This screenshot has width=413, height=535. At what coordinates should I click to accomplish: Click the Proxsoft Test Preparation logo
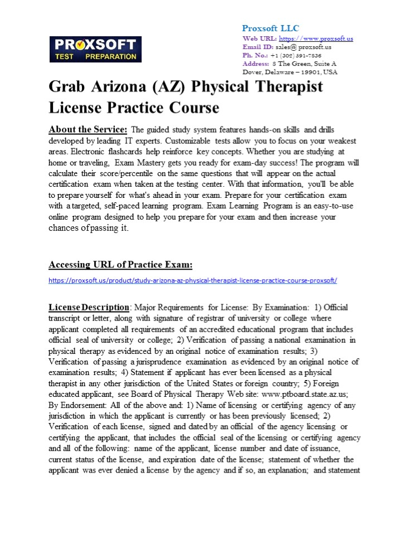point(95,49)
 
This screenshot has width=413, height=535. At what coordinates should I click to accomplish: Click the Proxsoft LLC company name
point(270,28)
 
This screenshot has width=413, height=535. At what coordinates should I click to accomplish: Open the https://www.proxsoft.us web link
point(315,38)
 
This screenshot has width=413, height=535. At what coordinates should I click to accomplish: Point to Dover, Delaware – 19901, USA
point(290,72)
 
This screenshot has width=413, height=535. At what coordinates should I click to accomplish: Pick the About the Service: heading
point(88,130)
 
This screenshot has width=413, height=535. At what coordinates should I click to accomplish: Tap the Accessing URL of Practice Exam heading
point(121,264)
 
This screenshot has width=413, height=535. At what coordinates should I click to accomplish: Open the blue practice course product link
point(193,280)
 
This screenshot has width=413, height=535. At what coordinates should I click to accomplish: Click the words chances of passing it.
point(88,228)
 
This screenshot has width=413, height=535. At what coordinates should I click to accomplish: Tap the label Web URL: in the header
point(260,38)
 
